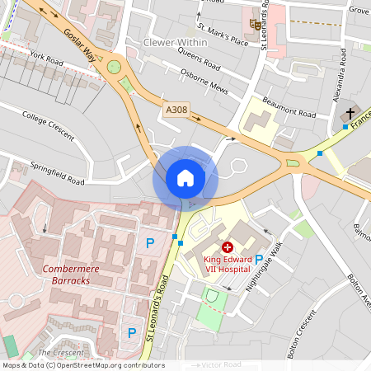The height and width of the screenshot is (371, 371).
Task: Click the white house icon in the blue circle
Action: [x=185, y=178]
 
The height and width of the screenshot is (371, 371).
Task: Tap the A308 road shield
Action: [x=176, y=110]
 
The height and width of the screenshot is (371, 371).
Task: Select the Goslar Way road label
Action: [x=79, y=46]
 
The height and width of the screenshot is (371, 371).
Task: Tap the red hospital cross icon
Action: [x=228, y=247]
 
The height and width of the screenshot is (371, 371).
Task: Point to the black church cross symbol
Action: [x=350, y=113]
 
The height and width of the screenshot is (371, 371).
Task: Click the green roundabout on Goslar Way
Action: [x=114, y=68]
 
